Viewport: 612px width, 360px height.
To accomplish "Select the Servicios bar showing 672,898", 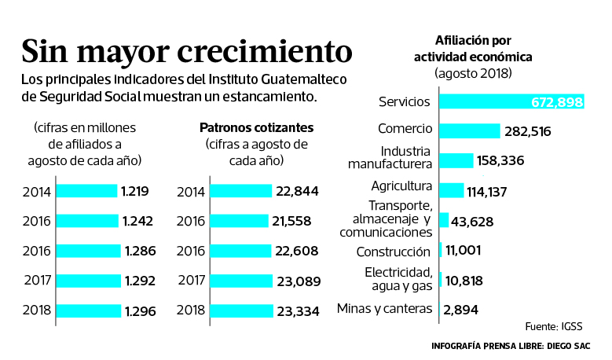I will (511, 101).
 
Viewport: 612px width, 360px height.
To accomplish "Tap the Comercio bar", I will (469, 130).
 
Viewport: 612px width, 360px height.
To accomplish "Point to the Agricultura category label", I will (401, 186).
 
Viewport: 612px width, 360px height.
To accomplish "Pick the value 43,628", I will (473, 222).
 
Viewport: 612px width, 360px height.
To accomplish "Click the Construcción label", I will (393, 252).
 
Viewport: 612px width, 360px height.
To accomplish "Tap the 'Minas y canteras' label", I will (384, 308).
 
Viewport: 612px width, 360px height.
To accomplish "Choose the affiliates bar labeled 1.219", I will (86, 191).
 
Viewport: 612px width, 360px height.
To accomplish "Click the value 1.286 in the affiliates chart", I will (140, 252).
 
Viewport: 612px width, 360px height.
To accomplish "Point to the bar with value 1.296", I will (89, 311).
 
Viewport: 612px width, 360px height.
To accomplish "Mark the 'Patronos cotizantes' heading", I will (256, 127).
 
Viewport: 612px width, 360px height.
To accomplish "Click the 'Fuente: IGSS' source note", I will (555, 325).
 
